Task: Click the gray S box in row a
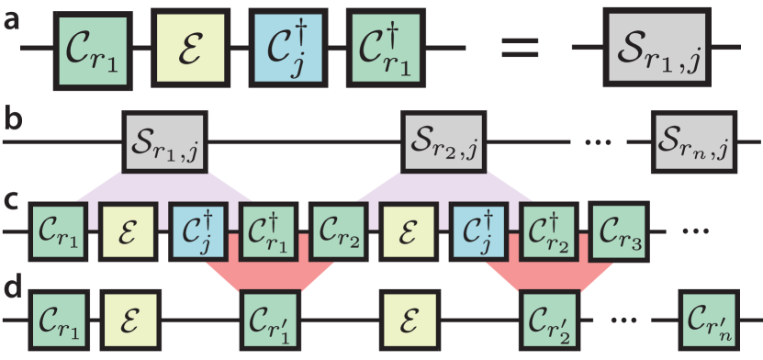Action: [656, 48]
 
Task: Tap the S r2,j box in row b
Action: [443, 142]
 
